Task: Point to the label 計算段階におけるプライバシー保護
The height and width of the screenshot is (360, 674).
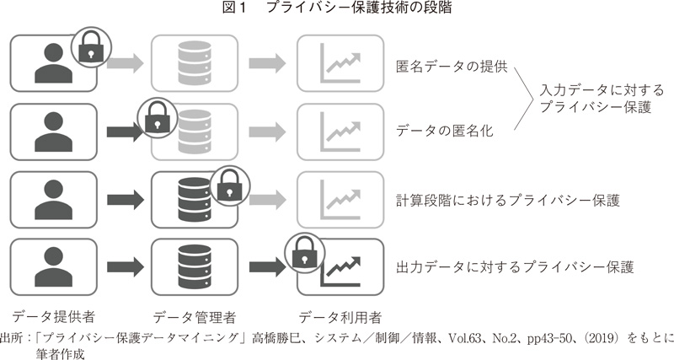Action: (507, 200)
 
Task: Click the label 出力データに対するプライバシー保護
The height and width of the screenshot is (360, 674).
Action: (514, 267)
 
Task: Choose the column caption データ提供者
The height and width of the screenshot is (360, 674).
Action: (53, 317)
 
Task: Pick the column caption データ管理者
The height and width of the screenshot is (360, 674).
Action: (194, 317)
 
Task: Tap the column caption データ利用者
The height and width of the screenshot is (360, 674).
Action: (340, 317)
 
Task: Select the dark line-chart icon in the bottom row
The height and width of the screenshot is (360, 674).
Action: (345, 267)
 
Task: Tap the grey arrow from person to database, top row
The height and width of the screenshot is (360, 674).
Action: (126, 64)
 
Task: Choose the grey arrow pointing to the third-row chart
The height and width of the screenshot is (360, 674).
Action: (267, 200)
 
